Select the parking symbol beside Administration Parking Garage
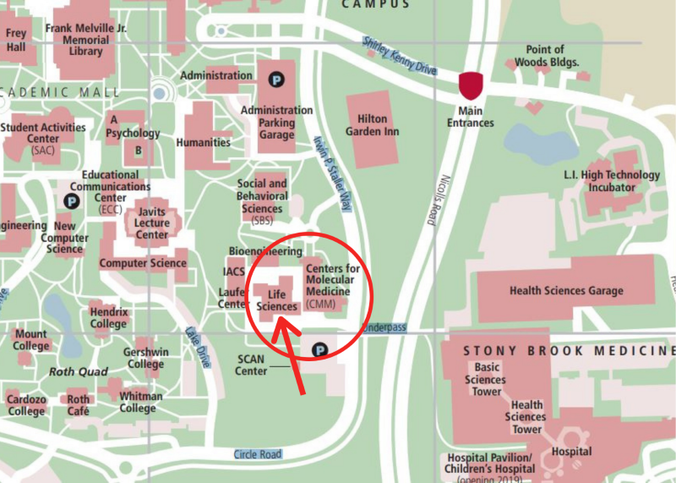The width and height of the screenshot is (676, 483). click(x=275, y=80)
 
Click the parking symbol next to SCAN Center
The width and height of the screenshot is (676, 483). click(x=319, y=349)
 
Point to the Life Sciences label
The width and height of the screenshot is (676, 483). click(x=277, y=300)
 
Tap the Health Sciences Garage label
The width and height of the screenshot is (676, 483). click(x=566, y=291)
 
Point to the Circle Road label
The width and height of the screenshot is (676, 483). click(x=257, y=454)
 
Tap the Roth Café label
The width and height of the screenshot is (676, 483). click(x=79, y=405)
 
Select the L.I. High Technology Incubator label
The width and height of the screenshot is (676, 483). click(x=612, y=181)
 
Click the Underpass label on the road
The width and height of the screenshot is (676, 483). click(x=384, y=327)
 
